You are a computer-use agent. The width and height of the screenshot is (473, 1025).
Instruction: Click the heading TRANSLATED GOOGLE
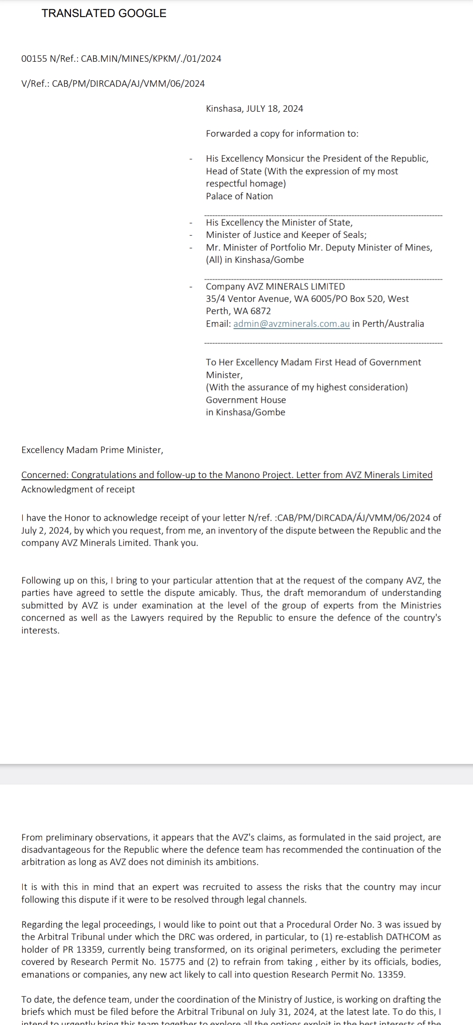[104, 14]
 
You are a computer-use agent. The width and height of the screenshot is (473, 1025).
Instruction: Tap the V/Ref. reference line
[113, 84]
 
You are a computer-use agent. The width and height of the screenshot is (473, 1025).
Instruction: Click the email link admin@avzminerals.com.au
[291, 324]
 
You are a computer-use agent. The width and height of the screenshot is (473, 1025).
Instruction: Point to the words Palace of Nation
[239, 196]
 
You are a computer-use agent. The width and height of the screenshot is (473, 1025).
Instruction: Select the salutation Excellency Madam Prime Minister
[92, 450]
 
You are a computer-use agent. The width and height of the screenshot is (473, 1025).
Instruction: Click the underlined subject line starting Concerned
[227, 475]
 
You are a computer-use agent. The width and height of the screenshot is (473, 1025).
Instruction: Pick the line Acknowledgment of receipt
[78, 489]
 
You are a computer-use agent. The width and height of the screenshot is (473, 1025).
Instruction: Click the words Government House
[246, 400]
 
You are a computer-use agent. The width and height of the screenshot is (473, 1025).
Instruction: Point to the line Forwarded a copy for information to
[282, 134]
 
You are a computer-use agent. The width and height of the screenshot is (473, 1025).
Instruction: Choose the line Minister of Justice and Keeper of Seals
[286, 235]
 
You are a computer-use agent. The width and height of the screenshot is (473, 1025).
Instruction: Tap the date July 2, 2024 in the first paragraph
[46, 530]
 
